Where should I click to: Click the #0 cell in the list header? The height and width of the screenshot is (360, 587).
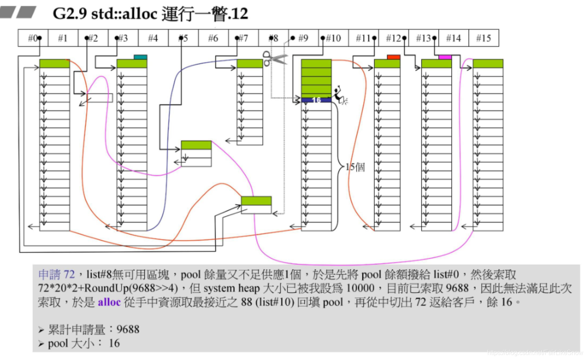tap(33, 38)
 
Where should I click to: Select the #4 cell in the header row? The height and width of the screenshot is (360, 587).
tap(153, 38)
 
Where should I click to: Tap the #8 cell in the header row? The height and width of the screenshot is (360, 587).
tap(273, 38)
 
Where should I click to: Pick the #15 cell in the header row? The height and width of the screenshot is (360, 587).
tap(483, 38)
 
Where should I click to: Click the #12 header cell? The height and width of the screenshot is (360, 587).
tap(393, 38)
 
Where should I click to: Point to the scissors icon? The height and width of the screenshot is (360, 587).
tap(274, 59)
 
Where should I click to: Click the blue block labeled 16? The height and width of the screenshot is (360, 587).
tap(316, 100)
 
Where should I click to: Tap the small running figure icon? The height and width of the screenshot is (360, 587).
tap(339, 96)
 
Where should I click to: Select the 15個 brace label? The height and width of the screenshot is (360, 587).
tap(355, 167)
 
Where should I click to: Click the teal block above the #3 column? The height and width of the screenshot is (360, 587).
tap(140, 57)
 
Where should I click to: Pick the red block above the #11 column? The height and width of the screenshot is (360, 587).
tap(393, 57)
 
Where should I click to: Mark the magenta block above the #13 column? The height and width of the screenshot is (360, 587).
tap(445, 57)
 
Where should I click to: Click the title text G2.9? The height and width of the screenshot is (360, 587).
tap(70, 14)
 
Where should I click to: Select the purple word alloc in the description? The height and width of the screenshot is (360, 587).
tap(109, 302)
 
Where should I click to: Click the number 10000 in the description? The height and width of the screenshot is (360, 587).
tap(360, 288)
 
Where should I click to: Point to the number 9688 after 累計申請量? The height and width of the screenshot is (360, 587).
tap(128, 329)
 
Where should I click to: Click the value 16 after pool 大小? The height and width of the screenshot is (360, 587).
tap(114, 343)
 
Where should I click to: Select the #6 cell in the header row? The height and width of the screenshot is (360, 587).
tap(213, 38)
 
